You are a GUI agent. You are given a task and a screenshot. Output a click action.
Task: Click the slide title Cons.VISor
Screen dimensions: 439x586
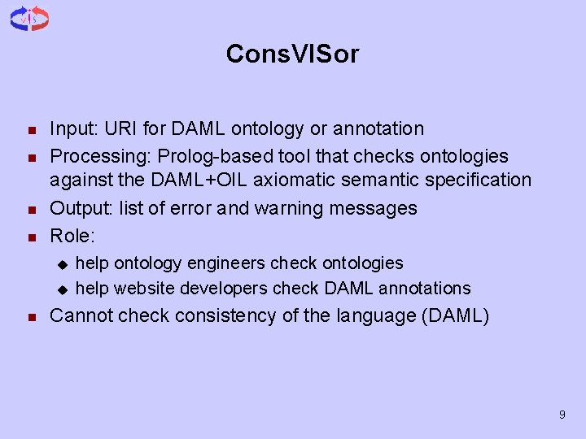(x=292, y=54)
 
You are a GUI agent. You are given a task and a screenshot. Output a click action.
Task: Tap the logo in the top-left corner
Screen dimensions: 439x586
(x=29, y=19)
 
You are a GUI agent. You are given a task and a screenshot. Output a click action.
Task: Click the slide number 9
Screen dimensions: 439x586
(x=562, y=415)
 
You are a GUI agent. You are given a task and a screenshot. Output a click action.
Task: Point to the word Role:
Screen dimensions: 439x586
(x=72, y=237)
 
